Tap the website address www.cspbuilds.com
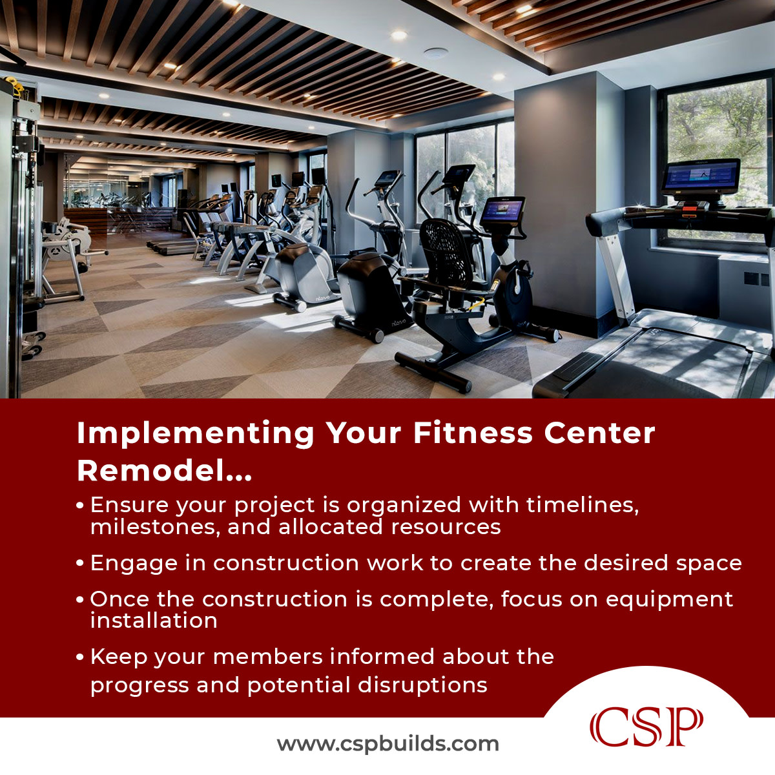(x=387, y=743)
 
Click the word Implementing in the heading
(x=196, y=434)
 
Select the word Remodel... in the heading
(x=165, y=470)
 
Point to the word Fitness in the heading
(x=473, y=433)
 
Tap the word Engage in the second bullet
(x=134, y=564)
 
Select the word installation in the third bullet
(x=154, y=621)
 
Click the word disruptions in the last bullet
(x=422, y=685)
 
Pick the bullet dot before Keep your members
(x=80, y=657)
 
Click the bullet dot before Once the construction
(x=80, y=599)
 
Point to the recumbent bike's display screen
(x=502, y=212)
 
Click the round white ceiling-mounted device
(x=436, y=53)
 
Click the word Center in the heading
(x=599, y=433)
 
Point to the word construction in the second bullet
(x=286, y=563)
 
